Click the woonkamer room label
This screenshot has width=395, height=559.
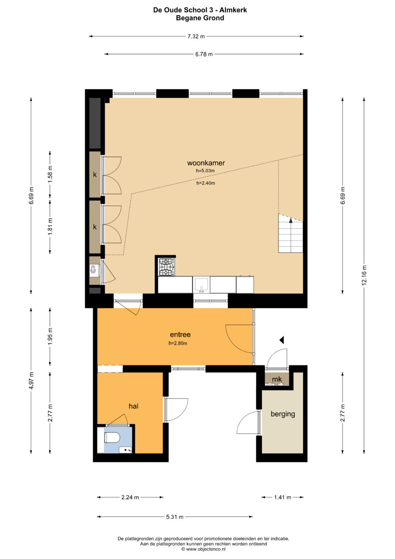tap(206, 163)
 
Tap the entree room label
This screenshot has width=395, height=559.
tap(180, 334)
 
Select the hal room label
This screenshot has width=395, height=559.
tap(133, 406)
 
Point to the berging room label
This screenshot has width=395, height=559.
tap(283, 414)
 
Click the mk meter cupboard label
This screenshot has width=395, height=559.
tap(277, 379)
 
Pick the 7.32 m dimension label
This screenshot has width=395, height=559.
tap(196, 37)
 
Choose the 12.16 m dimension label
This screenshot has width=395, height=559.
tap(364, 276)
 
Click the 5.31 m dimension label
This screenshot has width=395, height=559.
tap(174, 517)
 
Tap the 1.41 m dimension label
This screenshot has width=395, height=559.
tap(282, 497)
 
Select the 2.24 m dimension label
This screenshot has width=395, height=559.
tap(130, 497)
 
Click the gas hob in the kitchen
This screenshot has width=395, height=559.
tap(166, 267)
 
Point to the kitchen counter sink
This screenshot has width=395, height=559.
tap(202, 285)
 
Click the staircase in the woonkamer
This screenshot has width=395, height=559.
tap(290, 233)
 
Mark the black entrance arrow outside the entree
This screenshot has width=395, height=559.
tap(282, 340)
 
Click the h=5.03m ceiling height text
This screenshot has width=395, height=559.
tap(205, 171)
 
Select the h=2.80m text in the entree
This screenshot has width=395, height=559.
tap(178, 343)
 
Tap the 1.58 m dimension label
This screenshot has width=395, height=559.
tap(50, 174)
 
